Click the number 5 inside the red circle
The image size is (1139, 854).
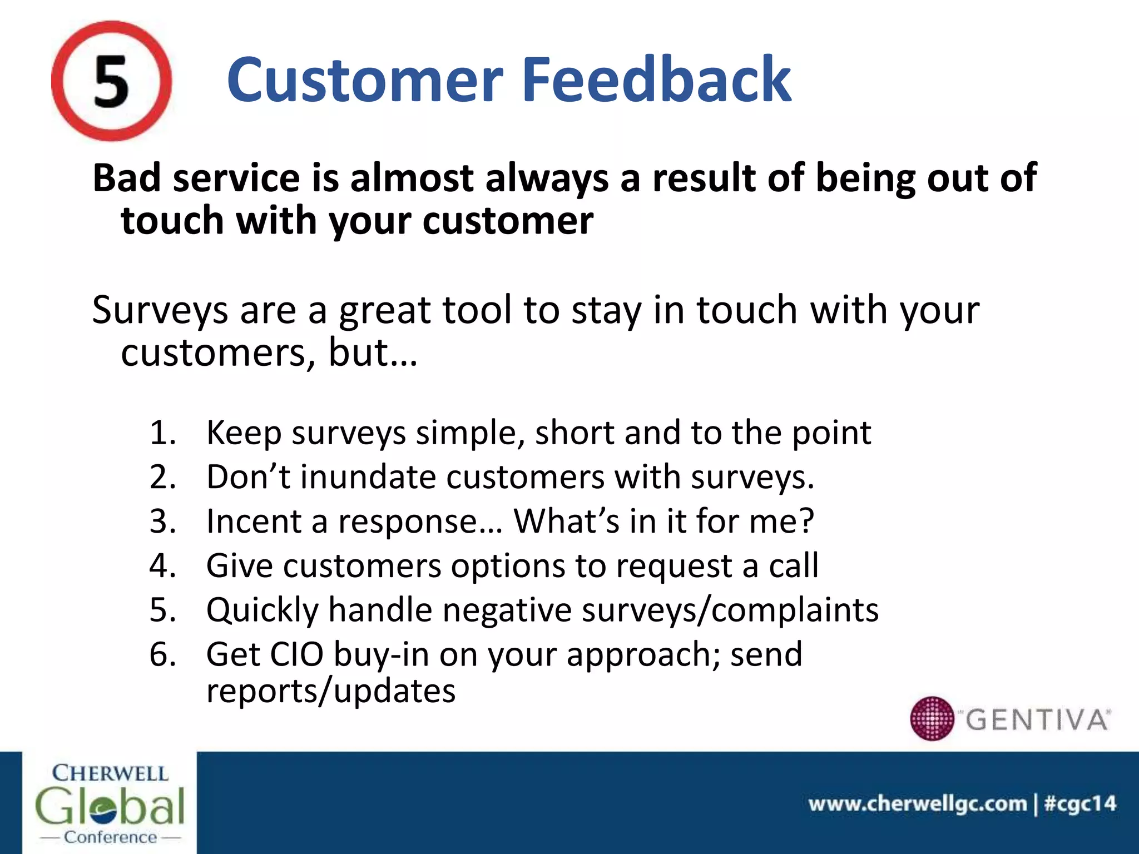click(x=111, y=82)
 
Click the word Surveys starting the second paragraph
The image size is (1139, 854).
click(x=160, y=310)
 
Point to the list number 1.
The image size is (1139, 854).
click(x=162, y=433)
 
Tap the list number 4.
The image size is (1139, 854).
click(x=162, y=566)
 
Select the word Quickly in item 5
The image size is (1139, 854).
click(x=263, y=610)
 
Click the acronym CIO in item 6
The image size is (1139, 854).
click(x=296, y=654)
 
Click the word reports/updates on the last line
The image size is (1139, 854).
click(x=331, y=691)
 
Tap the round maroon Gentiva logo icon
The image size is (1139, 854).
click(x=932, y=718)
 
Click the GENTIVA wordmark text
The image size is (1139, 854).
click(x=1037, y=720)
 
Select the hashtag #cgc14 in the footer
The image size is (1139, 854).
click(x=1080, y=803)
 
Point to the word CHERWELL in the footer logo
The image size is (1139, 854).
click(x=110, y=773)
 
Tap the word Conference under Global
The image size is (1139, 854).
click(x=110, y=837)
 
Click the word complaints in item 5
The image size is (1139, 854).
click(x=795, y=610)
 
